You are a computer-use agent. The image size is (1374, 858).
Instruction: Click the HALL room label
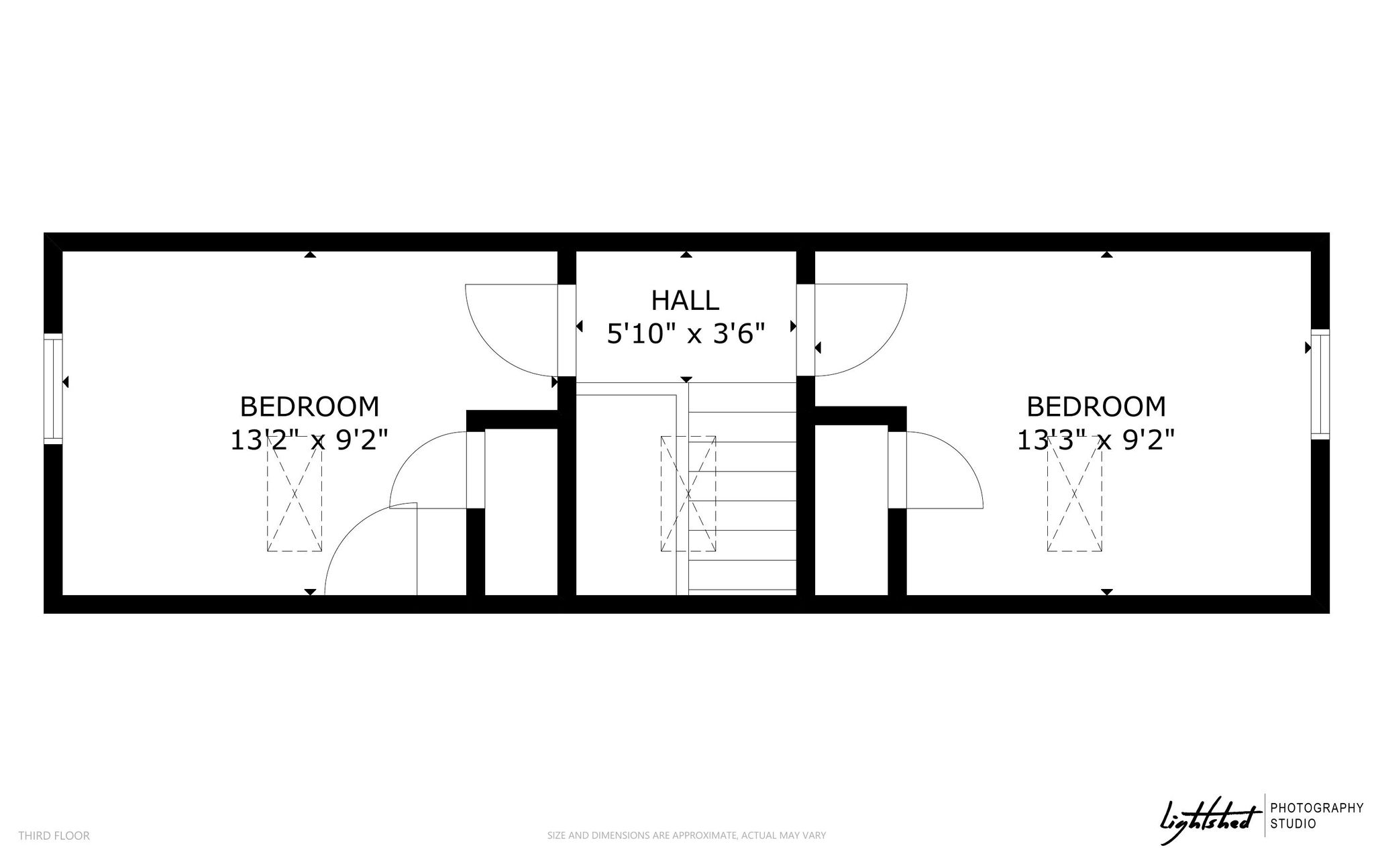(x=685, y=301)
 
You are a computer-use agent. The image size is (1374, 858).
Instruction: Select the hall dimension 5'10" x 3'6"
(x=686, y=333)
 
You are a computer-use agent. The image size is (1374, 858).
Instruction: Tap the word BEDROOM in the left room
(x=309, y=407)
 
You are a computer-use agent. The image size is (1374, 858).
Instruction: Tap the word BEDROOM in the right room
(x=1096, y=407)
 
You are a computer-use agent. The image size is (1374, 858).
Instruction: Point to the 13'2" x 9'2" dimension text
(x=309, y=440)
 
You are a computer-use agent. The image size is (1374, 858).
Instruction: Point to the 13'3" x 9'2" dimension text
(x=1096, y=440)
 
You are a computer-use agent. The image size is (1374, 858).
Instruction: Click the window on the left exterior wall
(x=53, y=388)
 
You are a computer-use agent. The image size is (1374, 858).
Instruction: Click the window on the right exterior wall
(x=1320, y=384)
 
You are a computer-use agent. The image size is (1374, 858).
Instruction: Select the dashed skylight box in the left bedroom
(x=295, y=494)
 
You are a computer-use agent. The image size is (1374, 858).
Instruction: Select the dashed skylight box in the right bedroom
(x=1075, y=494)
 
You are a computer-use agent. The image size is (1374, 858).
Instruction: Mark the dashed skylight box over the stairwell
(x=688, y=494)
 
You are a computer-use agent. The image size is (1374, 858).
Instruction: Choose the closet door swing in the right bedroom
(x=966, y=456)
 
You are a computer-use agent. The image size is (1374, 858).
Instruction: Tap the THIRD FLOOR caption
(x=54, y=836)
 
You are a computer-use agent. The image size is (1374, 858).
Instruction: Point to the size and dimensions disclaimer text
(x=686, y=836)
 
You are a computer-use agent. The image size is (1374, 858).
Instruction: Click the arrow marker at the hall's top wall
(x=686, y=254)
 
